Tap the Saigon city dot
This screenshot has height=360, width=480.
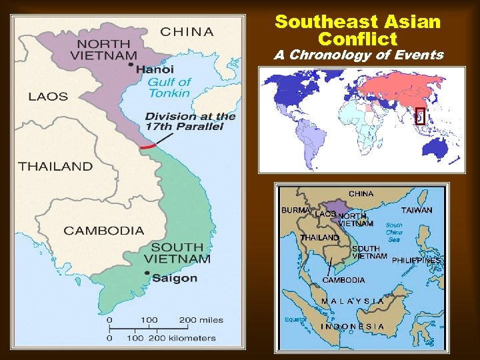(147, 273)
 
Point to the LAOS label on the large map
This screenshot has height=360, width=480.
(48, 97)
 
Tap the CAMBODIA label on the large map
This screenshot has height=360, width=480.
(103, 231)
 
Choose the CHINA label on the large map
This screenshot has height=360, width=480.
(187, 31)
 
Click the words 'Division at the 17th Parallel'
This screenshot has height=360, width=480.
(191, 121)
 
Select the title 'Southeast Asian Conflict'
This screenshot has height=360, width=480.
(358, 31)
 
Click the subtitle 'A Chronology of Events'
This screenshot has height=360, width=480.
(359, 55)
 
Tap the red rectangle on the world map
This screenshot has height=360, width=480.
(420, 116)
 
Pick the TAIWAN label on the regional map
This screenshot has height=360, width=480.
(417, 210)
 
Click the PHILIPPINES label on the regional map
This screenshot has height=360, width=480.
(416, 260)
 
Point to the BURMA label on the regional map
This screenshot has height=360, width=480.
(295, 210)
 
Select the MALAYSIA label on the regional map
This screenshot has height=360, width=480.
(353, 301)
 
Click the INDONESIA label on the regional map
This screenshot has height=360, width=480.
(353, 326)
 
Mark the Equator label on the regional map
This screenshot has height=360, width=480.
(294, 319)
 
